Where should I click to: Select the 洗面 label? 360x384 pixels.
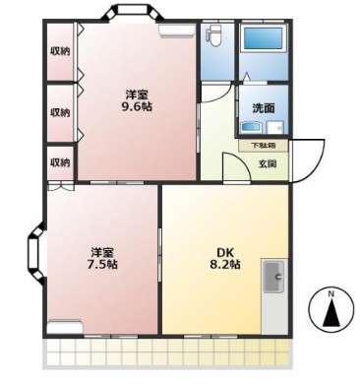[264, 108]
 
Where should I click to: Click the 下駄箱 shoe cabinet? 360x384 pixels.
[263, 146]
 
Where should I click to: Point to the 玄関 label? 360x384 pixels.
[268, 163]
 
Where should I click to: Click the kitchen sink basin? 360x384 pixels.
[273, 277]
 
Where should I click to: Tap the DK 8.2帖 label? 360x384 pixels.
[224, 258]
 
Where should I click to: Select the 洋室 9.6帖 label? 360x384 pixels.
[137, 101]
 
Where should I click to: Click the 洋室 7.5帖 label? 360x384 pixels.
[102, 258]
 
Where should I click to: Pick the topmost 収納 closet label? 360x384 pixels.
[60, 51]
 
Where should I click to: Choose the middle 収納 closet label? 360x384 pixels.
[60, 112]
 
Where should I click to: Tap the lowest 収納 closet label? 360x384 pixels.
[60, 162]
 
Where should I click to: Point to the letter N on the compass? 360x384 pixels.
[331, 294]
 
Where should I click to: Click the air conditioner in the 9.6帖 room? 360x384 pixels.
[177, 30]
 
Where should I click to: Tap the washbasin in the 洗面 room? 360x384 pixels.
[251, 127]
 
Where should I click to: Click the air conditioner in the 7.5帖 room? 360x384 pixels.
[64, 326]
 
